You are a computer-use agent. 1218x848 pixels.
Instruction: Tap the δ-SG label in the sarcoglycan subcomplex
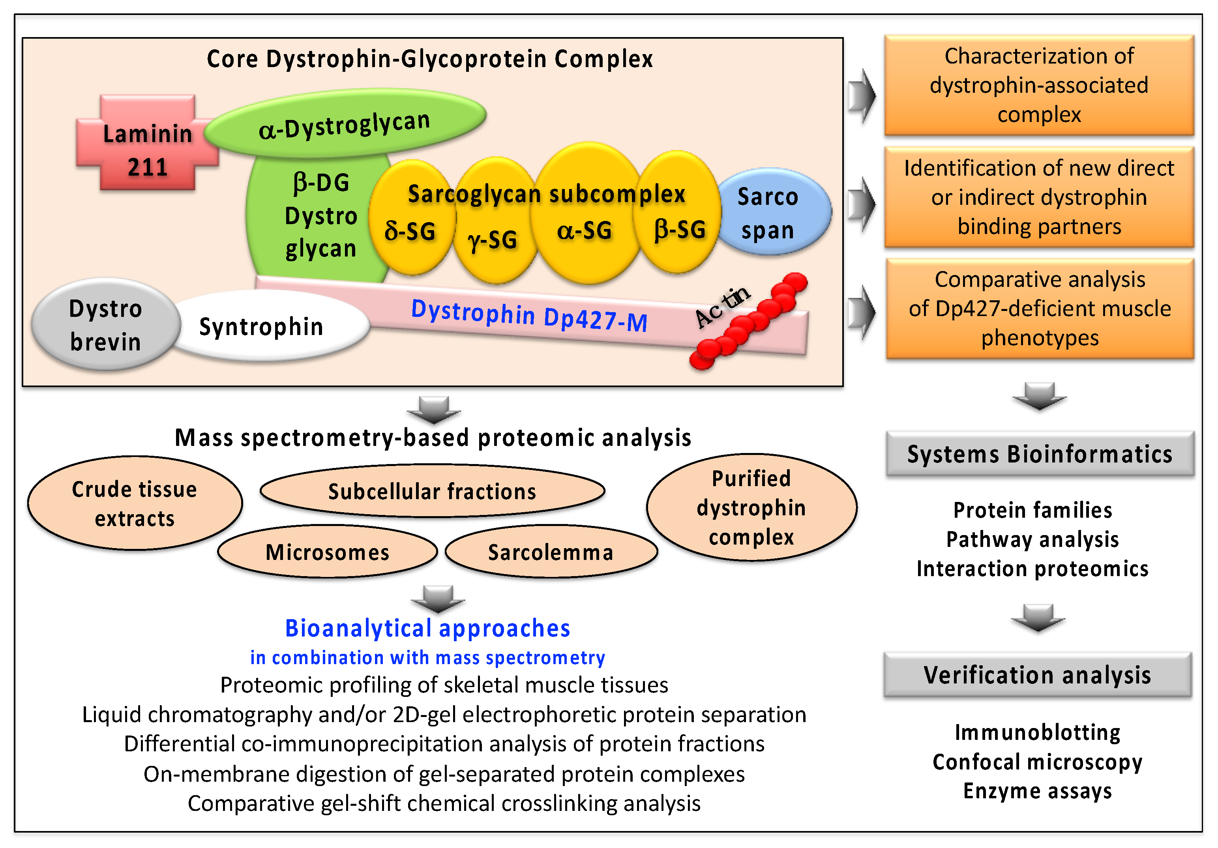pyautogui.click(x=410, y=231)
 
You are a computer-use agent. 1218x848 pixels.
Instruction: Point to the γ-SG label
pyautogui.click(x=492, y=240)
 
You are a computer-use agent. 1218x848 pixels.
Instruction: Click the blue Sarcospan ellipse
pyautogui.click(x=774, y=212)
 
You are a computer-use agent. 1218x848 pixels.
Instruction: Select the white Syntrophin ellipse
pyautogui.click(x=265, y=327)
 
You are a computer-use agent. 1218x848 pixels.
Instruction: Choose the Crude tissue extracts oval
pyautogui.click(x=134, y=503)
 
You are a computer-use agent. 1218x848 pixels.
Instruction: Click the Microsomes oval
pyautogui.click(x=327, y=552)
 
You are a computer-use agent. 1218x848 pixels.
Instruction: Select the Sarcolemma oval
pyautogui.click(x=551, y=552)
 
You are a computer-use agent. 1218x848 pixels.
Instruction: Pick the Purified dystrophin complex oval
pyautogui.click(x=751, y=507)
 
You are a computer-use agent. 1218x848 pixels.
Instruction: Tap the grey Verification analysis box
pyautogui.click(x=1037, y=675)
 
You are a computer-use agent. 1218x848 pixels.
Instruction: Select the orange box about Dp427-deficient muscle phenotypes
pyautogui.click(x=1039, y=309)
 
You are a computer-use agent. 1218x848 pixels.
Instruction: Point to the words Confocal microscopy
pyautogui.click(x=1037, y=762)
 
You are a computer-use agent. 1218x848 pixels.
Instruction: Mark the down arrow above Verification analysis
pyautogui.click(x=1038, y=618)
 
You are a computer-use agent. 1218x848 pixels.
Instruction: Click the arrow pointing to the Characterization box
pyautogui.click(x=862, y=95)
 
